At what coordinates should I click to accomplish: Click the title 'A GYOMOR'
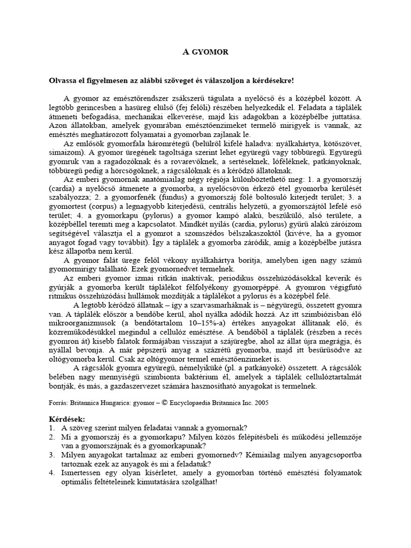click(x=205, y=52)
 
